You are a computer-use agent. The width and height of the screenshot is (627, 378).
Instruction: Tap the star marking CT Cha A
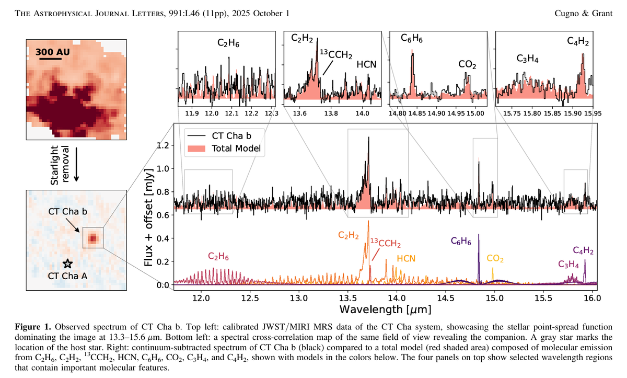pyautogui.click(x=66, y=264)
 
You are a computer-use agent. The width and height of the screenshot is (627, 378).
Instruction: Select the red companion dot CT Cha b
pyautogui.click(x=92, y=238)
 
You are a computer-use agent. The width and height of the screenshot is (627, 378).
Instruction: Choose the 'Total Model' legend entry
pyautogui.click(x=236, y=148)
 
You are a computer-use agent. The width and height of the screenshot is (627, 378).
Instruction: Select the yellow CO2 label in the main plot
pyautogui.click(x=495, y=258)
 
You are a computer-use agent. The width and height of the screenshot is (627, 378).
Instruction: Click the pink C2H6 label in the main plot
pyautogui.click(x=219, y=257)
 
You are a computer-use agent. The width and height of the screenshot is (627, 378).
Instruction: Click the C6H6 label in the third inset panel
pyautogui.click(x=412, y=38)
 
